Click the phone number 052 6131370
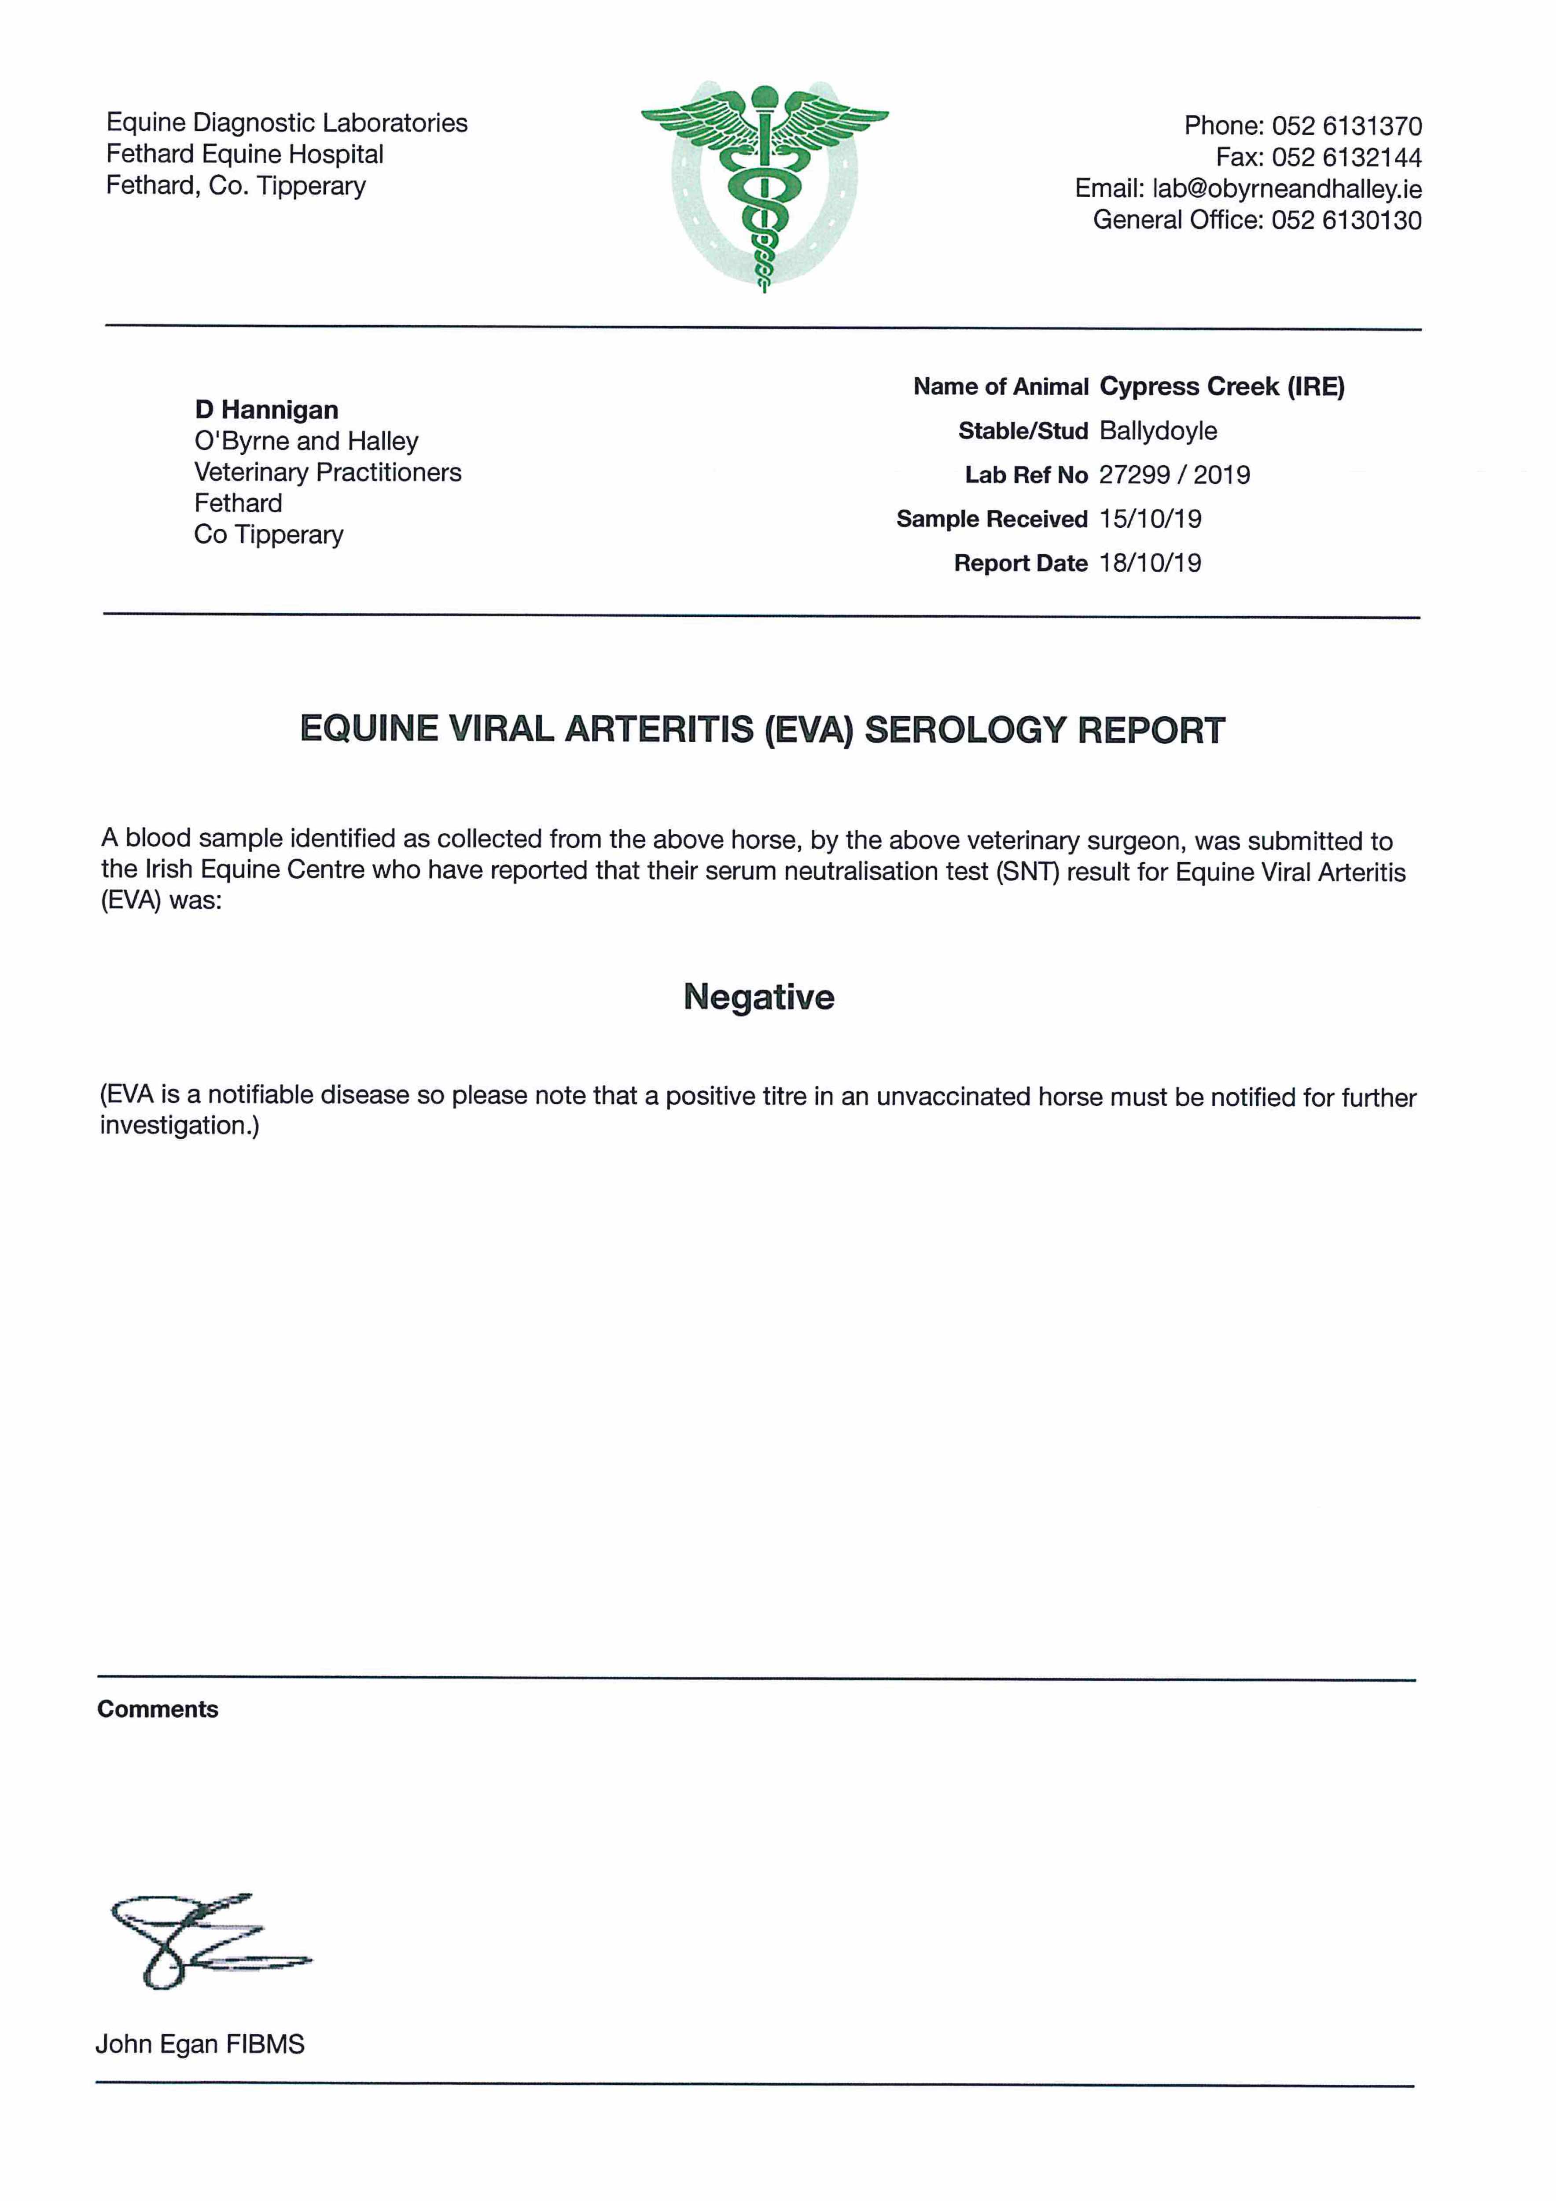click(x=1346, y=125)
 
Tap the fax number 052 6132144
click(x=1346, y=157)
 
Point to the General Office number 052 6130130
click(x=1346, y=221)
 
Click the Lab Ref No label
click(x=1026, y=475)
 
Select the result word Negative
click(x=758, y=997)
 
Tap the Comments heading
click(x=158, y=1709)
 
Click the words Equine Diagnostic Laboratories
click(x=287, y=123)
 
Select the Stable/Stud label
click(x=1023, y=431)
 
